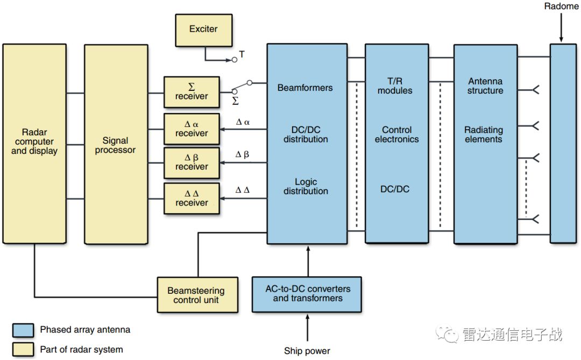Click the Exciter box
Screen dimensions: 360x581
(x=204, y=30)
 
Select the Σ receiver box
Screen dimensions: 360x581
(x=192, y=92)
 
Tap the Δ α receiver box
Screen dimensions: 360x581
(x=192, y=129)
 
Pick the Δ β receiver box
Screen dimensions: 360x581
(x=192, y=162)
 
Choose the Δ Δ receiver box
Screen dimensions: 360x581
(x=192, y=198)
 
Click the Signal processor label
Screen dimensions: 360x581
(x=116, y=145)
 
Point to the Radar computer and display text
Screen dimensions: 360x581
(x=34, y=142)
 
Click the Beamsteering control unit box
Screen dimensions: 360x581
(x=196, y=295)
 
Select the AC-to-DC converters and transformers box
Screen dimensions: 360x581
(x=307, y=294)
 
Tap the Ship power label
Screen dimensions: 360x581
(x=307, y=351)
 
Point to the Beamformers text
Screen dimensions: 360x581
(x=305, y=88)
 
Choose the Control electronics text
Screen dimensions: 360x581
(x=396, y=135)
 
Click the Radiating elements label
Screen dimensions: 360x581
(x=484, y=135)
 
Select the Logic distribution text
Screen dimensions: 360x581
(x=306, y=186)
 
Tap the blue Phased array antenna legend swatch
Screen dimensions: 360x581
(x=23, y=329)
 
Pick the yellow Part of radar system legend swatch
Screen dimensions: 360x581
(x=23, y=349)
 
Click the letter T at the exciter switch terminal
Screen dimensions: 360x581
(x=242, y=54)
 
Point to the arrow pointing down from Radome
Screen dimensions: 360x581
(x=561, y=27)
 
